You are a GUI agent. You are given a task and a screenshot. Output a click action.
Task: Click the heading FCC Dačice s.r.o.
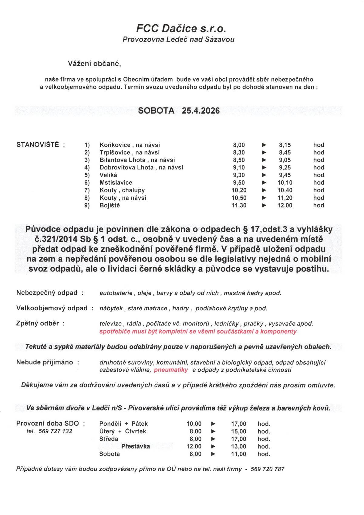[x=181, y=29]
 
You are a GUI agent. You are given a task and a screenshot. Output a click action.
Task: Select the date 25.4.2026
[x=201, y=111]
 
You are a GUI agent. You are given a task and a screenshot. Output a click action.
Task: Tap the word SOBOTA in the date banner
[x=156, y=111]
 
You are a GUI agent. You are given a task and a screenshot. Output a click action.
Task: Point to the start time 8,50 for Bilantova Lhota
[x=239, y=160]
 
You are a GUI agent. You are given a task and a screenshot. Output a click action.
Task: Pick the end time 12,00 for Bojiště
[x=285, y=205]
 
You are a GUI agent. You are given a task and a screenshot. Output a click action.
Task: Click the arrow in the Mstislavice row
[x=264, y=183]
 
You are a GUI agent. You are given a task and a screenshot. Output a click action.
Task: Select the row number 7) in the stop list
[x=87, y=190]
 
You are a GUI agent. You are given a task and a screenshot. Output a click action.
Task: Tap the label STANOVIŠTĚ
[x=38, y=145]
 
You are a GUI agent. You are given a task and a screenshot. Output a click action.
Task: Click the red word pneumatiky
[x=171, y=370]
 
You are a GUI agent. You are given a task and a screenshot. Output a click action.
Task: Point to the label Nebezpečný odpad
[x=47, y=293]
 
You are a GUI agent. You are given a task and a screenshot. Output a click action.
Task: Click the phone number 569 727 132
[x=55, y=431]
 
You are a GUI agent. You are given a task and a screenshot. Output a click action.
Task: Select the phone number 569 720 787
[x=268, y=469]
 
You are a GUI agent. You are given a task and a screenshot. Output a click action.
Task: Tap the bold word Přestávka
[x=135, y=446]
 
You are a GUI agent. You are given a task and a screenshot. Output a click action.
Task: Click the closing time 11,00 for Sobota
[x=238, y=454]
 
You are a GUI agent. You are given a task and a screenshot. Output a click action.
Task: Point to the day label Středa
[x=109, y=439]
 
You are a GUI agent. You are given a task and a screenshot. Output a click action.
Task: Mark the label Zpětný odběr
[x=37, y=323]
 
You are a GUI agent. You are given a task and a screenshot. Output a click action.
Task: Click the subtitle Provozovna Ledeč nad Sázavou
[x=178, y=39]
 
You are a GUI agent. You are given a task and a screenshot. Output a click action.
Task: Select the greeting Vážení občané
[x=94, y=64]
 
